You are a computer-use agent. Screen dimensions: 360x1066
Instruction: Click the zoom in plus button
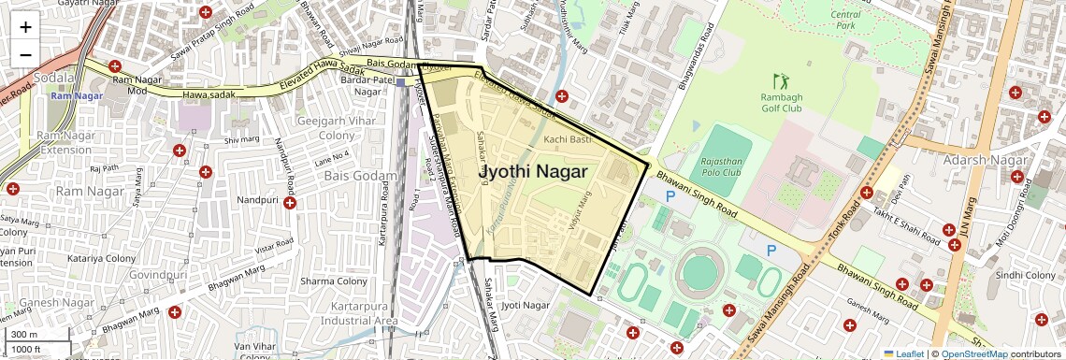(x=25, y=27)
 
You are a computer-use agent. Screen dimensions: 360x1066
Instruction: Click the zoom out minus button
(x=25, y=54)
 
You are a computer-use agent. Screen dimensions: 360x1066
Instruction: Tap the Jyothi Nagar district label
(x=533, y=172)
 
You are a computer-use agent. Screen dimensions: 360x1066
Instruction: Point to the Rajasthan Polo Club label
(x=720, y=166)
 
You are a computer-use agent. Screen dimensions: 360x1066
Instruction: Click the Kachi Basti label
(x=568, y=139)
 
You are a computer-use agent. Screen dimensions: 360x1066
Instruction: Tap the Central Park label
(x=845, y=20)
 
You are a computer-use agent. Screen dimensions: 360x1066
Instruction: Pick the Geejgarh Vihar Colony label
(x=325, y=128)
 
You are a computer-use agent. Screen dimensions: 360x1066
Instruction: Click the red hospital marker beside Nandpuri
(x=291, y=202)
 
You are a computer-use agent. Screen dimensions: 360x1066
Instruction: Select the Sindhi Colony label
(x=1025, y=275)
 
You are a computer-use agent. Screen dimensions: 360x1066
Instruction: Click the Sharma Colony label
(x=333, y=281)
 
